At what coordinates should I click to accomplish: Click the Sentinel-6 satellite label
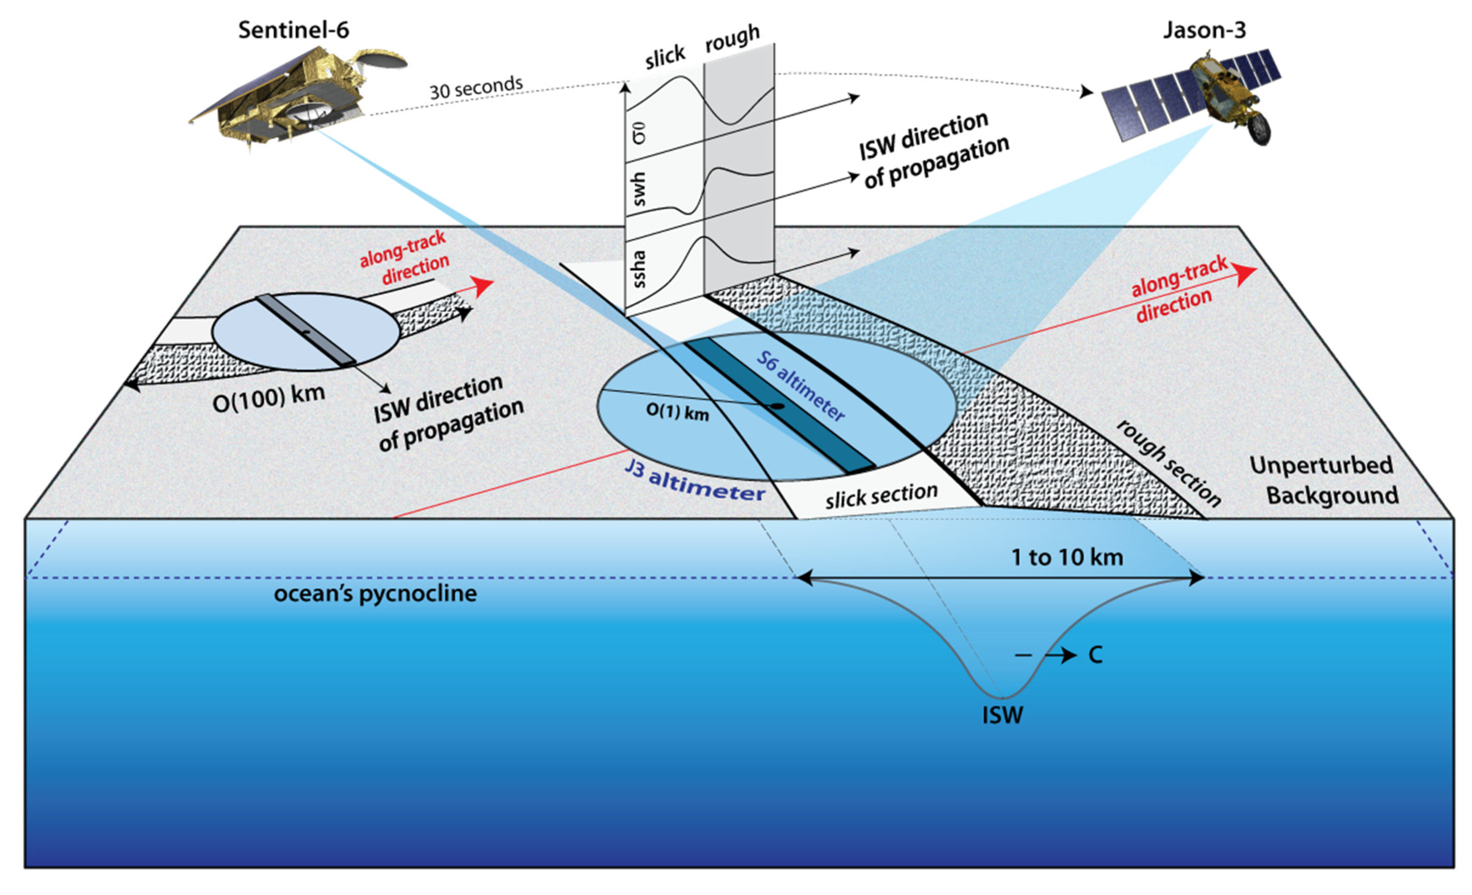click(x=293, y=30)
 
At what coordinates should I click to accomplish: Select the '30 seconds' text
click(x=476, y=88)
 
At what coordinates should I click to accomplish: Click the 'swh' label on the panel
click(x=639, y=189)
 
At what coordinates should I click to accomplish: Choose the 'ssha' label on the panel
click(x=639, y=268)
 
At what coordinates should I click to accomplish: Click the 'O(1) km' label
click(x=677, y=412)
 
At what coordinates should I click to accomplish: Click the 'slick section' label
click(x=881, y=495)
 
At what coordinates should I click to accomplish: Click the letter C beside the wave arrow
click(x=1095, y=655)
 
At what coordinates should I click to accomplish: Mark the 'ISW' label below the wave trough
click(x=1002, y=715)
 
